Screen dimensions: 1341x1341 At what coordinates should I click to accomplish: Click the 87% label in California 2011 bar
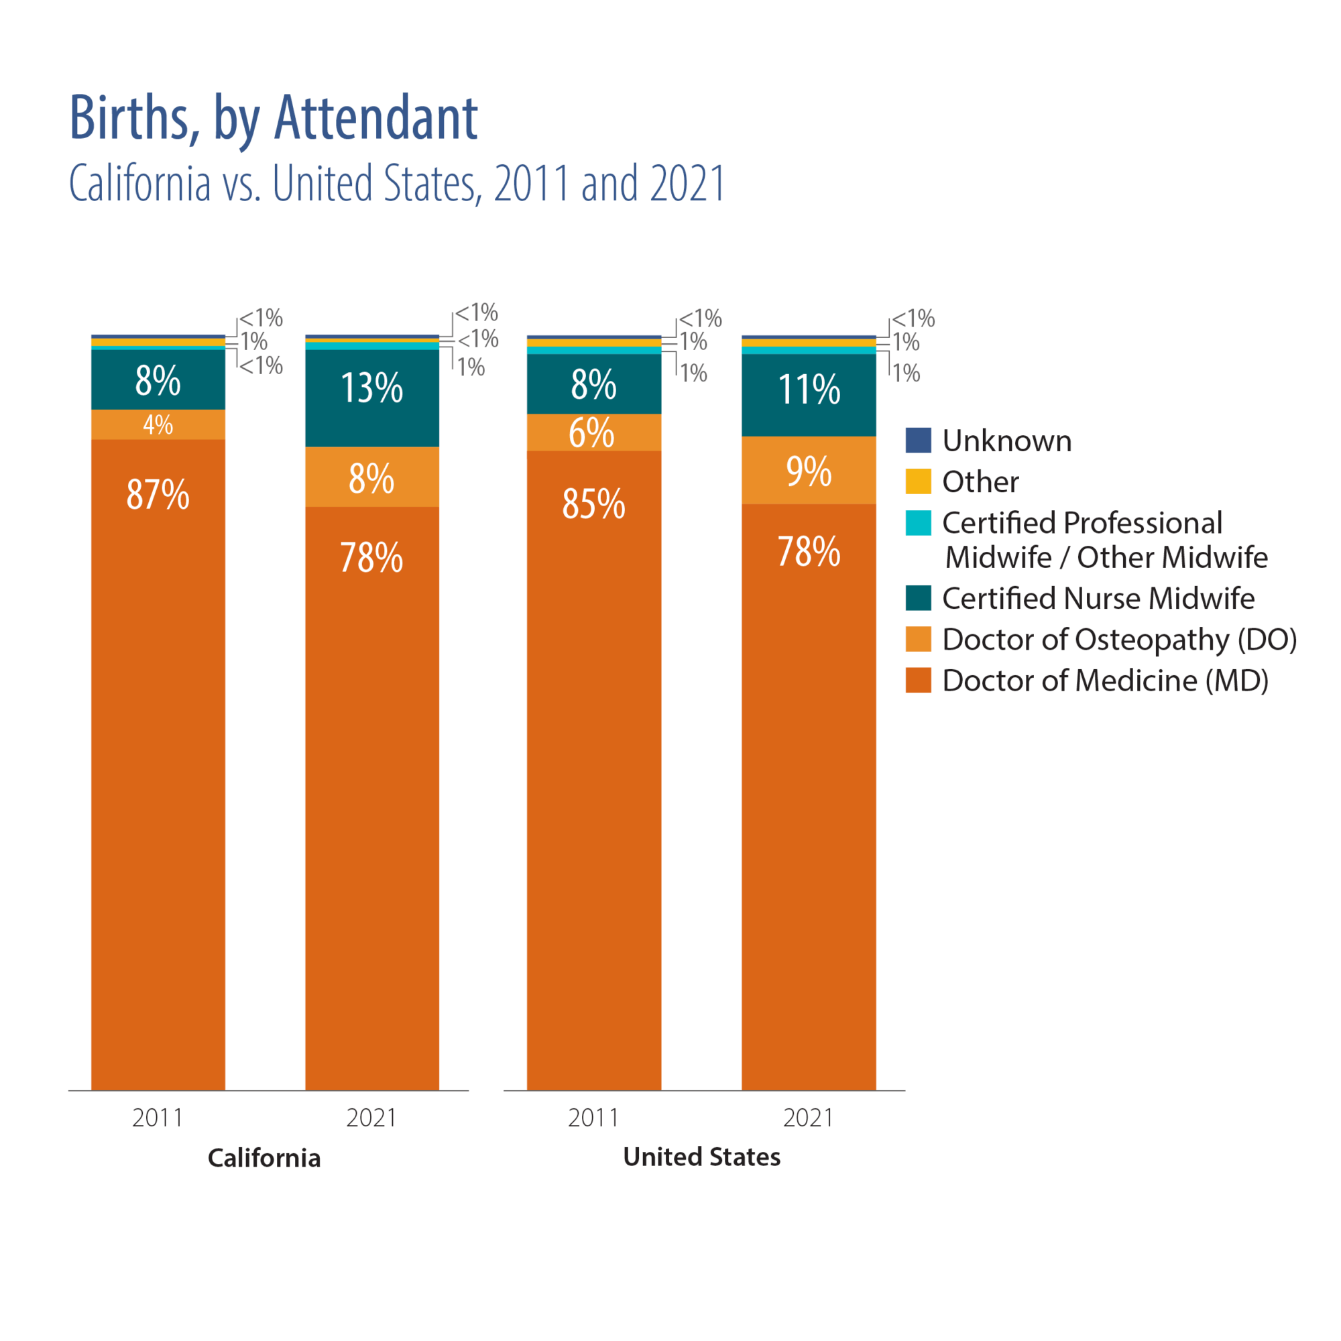[158, 495]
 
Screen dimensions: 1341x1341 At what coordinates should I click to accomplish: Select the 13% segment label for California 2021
[372, 388]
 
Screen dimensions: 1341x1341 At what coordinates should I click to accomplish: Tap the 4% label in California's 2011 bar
[158, 425]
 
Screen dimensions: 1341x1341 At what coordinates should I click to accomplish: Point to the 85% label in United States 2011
[593, 504]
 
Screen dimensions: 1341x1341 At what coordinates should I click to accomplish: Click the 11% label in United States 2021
[809, 390]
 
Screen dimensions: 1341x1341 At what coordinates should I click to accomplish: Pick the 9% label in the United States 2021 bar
[809, 472]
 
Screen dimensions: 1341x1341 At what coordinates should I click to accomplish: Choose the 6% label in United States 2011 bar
[591, 433]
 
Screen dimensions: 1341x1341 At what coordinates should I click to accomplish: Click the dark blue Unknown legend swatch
[918, 441]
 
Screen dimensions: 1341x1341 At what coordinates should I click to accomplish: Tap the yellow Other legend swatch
[918, 481]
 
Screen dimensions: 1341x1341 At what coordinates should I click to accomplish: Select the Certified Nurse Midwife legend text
[1098, 598]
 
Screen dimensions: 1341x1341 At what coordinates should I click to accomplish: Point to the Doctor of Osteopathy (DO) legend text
[1119, 640]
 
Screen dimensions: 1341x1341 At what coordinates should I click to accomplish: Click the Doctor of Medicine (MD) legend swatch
[918, 680]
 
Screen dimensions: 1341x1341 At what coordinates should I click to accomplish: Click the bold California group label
[264, 1158]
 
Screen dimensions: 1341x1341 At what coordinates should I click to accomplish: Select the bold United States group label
[701, 1157]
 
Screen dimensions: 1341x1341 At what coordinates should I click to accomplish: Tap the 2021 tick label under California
[371, 1118]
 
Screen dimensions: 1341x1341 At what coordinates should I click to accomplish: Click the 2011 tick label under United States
[593, 1118]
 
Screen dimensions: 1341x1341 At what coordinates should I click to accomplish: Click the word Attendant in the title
[376, 118]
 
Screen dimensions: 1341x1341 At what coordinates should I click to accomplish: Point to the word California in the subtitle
[139, 183]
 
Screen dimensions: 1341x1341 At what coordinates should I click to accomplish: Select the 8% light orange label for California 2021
[371, 479]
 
